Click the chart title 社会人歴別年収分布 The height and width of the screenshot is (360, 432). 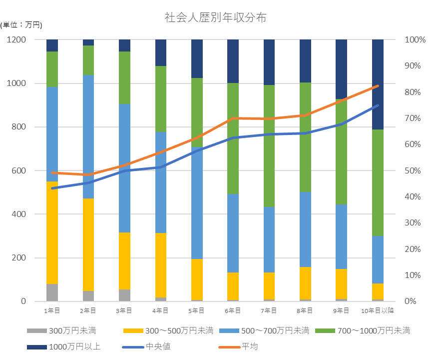click(x=216, y=18)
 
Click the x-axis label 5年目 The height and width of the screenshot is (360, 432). click(x=197, y=310)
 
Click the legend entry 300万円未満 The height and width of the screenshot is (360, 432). click(x=73, y=330)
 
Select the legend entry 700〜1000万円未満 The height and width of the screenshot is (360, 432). click(x=375, y=330)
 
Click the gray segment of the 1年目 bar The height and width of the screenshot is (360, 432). click(x=52, y=292)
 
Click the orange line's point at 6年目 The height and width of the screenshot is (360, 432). click(x=233, y=118)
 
